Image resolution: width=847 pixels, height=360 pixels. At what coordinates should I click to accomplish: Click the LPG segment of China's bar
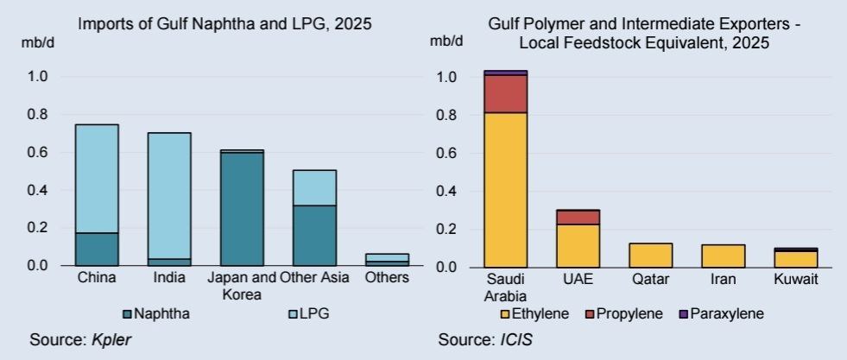coord(96,179)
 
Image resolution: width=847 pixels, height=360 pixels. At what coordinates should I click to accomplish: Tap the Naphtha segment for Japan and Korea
coord(241,209)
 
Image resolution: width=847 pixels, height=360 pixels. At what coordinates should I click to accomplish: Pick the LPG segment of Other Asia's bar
coord(313,187)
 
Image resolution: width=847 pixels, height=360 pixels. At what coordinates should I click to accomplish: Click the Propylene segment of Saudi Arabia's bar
coord(505,94)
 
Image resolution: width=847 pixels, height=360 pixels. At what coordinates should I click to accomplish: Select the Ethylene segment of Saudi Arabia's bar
coord(505,189)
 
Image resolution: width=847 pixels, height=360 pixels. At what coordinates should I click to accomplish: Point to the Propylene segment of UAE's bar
coord(578,217)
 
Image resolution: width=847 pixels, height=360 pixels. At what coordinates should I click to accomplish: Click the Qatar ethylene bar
coord(650,255)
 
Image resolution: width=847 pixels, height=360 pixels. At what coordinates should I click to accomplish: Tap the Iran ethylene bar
coord(723,256)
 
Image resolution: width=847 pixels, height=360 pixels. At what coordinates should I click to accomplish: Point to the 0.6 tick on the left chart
coord(47,153)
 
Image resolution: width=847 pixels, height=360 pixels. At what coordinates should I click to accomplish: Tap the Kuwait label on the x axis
coord(795,280)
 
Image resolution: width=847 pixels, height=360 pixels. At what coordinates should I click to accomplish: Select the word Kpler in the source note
coord(111,338)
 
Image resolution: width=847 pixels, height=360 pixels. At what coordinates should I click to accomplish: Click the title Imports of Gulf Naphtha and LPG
coord(224,24)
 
